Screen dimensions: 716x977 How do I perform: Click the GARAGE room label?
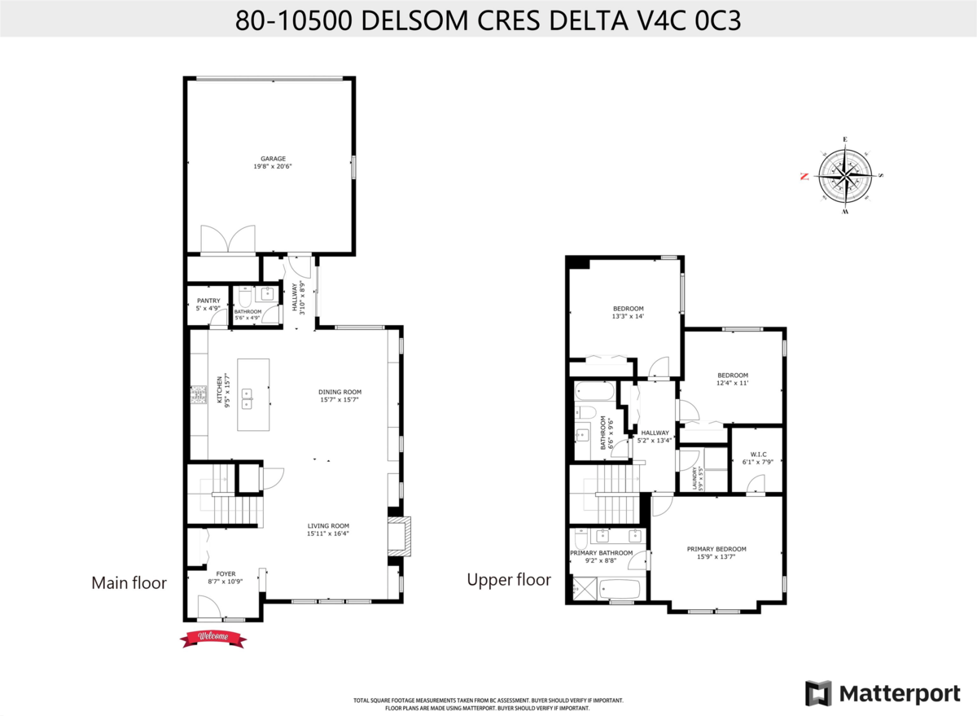(273, 159)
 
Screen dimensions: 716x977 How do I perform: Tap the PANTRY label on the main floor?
(208, 301)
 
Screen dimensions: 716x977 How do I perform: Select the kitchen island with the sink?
(253, 394)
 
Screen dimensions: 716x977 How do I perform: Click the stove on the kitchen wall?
(198, 396)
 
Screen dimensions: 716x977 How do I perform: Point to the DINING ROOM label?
(339, 392)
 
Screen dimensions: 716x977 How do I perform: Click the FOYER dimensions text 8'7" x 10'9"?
(226, 582)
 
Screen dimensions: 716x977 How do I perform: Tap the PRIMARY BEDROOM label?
(716, 549)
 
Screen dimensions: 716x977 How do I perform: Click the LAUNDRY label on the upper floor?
(694, 477)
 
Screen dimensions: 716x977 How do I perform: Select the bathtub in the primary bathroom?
(619, 589)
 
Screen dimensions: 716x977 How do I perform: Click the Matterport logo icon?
(818, 693)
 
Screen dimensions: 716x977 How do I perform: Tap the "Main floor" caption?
(129, 582)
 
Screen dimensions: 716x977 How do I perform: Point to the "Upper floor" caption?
(508, 579)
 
